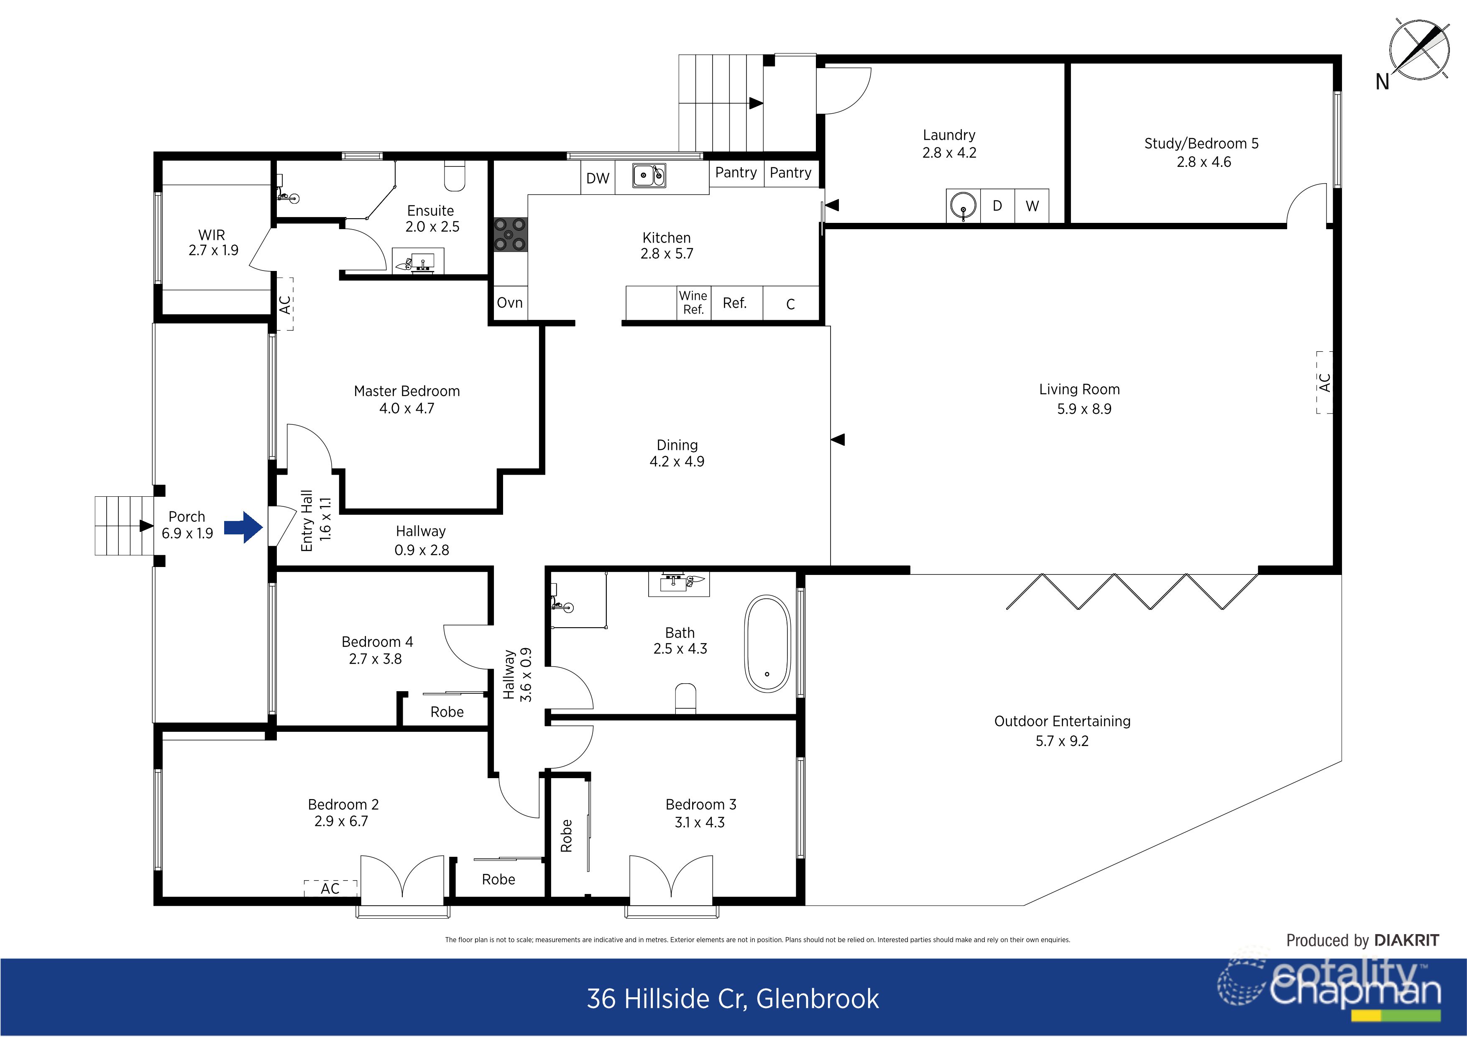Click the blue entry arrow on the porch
tap(243, 527)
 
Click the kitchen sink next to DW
tap(649, 175)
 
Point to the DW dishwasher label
tap(598, 178)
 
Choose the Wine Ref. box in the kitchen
tap(693, 303)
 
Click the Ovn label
tap(510, 303)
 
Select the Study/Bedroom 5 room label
tap(1201, 144)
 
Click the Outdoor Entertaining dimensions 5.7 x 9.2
tap(1062, 741)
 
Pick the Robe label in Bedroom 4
tap(447, 712)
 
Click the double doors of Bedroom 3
tap(671, 879)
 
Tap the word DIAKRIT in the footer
tap(1406, 940)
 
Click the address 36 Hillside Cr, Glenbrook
tap(733, 999)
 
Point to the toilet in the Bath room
tap(685, 698)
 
